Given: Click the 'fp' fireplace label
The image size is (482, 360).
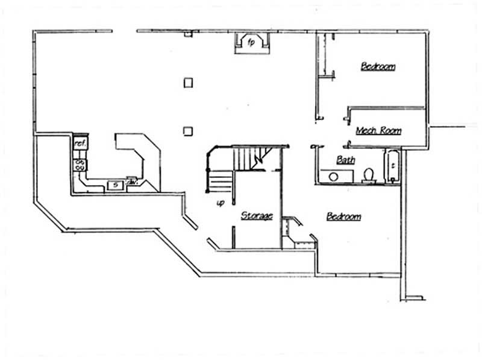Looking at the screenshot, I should point(252,42).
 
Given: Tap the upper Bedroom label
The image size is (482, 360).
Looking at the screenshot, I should point(378,66).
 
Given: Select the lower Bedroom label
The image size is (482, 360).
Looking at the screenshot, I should point(343,216).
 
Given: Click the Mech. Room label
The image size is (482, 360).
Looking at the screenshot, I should point(378,130).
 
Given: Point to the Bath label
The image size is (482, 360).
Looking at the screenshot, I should point(345,160).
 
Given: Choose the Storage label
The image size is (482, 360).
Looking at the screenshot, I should point(257,215).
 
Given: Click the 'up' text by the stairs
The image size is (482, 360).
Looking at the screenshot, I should point(221,203).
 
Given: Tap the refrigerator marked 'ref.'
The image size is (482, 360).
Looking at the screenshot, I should point(80,144).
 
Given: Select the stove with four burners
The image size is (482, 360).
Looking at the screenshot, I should point(80,164).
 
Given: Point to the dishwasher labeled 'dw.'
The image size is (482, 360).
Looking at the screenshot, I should point(132,182).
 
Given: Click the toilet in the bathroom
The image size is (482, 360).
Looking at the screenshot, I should point(369,175).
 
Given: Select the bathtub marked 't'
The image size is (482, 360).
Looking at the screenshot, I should point(392,164).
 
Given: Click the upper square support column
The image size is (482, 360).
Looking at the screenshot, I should point(188,82).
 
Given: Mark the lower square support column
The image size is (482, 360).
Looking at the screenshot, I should point(188,130).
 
